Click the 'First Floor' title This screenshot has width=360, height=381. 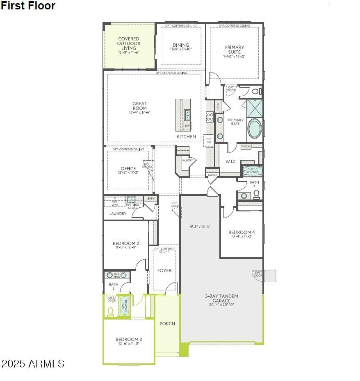(28, 6)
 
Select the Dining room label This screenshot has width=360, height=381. (181, 45)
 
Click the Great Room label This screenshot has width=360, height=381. (139, 106)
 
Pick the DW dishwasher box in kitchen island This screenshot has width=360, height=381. (187, 126)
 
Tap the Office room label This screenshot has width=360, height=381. (128, 169)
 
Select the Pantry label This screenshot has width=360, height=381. (187, 161)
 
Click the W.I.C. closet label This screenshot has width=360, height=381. (231, 161)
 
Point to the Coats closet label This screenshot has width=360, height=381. (212, 175)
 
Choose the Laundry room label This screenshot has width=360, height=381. (118, 213)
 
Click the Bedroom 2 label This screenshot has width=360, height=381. (126, 243)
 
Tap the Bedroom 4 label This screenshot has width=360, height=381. (242, 232)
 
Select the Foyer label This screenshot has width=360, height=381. (164, 270)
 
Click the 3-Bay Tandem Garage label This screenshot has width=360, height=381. (222, 298)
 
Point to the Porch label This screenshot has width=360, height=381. (167, 324)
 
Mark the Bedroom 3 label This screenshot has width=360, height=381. (129, 339)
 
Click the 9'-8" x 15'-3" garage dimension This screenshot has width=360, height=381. (200, 227)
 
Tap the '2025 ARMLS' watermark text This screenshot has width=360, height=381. (33, 363)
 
